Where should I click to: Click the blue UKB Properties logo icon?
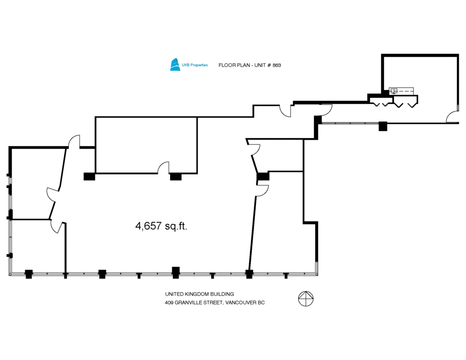[175, 65]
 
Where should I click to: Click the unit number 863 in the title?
[277, 65]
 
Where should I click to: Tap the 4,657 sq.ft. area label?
[162, 226]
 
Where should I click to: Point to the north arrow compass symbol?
[306, 299]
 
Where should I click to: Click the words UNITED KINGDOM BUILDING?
[199, 294]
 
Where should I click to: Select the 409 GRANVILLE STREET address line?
[215, 303]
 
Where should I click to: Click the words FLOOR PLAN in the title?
[234, 65]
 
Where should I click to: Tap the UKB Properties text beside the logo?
[195, 65]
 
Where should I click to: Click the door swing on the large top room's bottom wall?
[163, 167]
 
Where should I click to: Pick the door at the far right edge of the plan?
[452, 117]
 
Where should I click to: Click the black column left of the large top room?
[89, 177]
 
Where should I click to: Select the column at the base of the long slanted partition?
[249, 274]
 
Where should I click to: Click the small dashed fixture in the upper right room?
[401, 91]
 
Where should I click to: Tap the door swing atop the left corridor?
[74, 142]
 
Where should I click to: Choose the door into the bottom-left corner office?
[57, 227]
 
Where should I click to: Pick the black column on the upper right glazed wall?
[383, 126]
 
